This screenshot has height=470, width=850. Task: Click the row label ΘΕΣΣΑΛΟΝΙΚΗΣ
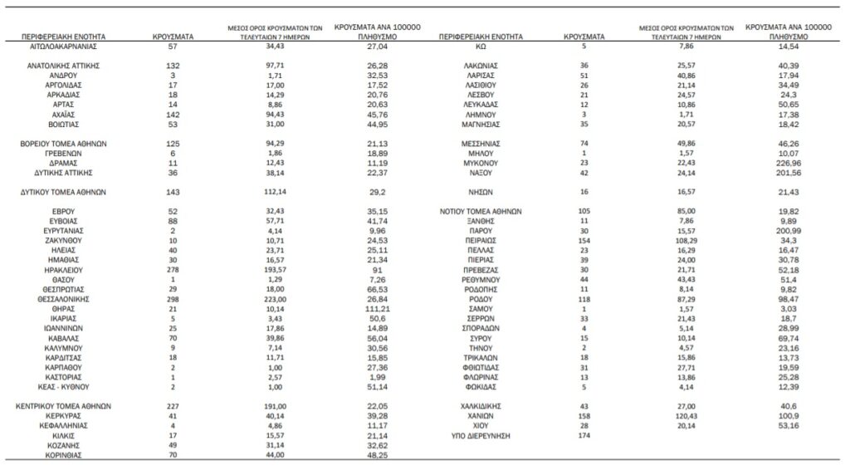point(64,298)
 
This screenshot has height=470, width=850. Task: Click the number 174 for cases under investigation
point(586,436)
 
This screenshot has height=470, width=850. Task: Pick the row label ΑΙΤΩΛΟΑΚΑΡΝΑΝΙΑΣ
point(64,49)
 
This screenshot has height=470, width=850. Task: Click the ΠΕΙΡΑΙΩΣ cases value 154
point(586,240)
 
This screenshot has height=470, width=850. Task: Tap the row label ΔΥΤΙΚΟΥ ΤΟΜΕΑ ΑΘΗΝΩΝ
point(64,191)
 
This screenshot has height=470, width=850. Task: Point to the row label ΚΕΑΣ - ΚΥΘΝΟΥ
point(64,387)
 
